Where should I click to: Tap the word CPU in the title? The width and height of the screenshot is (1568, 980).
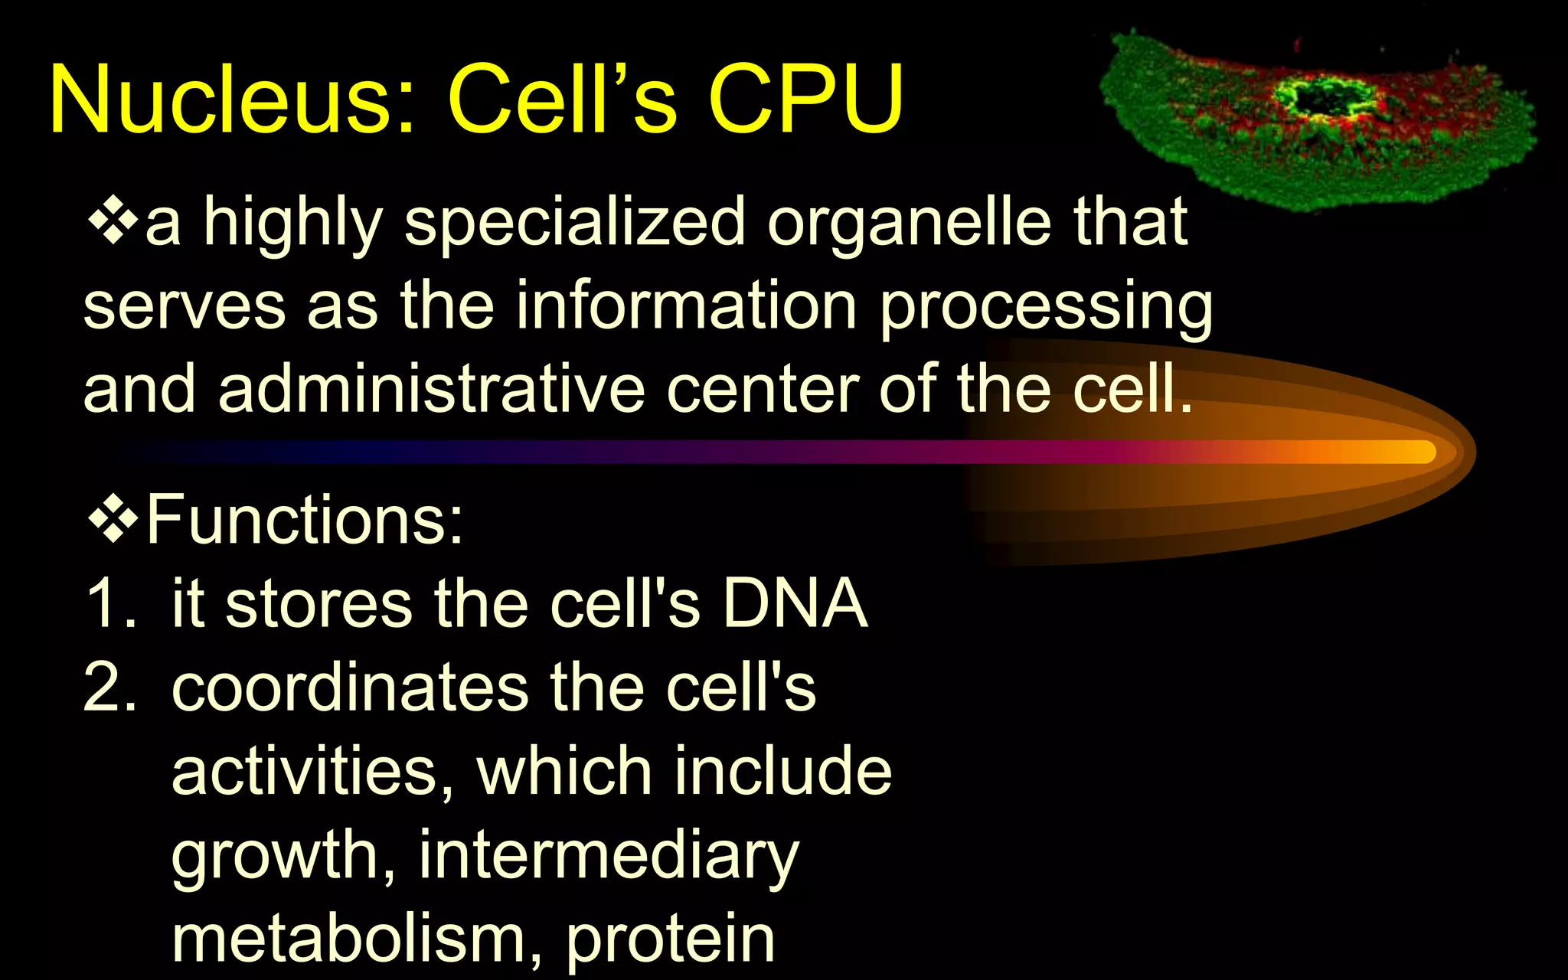pos(805,100)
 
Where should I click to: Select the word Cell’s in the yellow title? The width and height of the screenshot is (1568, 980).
pos(563,100)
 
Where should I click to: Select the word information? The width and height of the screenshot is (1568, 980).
pos(685,306)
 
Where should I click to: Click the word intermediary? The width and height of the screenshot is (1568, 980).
pos(609,856)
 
